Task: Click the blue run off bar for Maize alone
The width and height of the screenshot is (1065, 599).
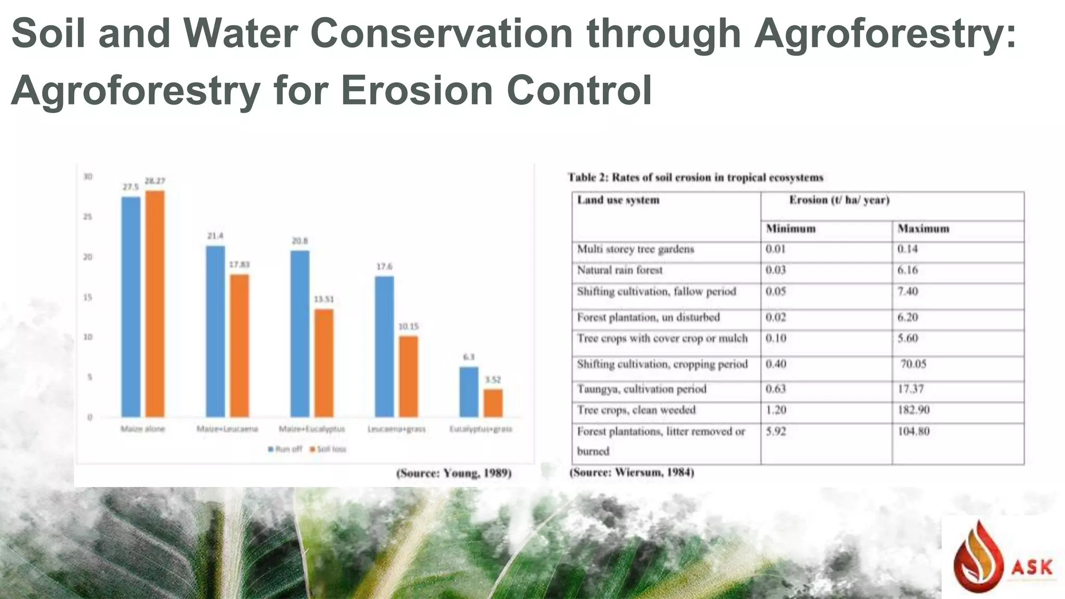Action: click(x=131, y=307)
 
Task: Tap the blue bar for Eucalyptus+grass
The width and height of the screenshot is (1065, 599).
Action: click(x=469, y=392)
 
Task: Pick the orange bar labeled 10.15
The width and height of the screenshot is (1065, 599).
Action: click(x=408, y=376)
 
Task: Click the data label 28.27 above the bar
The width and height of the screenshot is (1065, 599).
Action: click(x=154, y=181)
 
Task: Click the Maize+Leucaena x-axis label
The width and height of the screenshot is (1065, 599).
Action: click(x=227, y=429)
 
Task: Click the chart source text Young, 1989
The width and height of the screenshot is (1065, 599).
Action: click(x=454, y=473)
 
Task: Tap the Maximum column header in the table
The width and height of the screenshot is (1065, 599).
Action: click(x=923, y=229)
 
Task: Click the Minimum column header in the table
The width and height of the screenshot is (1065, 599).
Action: click(x=790, y=229)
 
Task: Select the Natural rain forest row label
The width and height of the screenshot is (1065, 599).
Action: click(x=620, y=270)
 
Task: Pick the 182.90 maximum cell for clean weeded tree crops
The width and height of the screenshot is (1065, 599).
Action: click(x=913, y=410)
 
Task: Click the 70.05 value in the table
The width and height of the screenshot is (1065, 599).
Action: click(x=913, y=364)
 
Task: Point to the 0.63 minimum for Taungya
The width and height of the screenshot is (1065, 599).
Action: click(x=775, y=389)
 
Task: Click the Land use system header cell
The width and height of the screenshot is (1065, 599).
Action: click(x=618, y=200)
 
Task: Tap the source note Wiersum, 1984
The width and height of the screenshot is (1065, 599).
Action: click(x=632, y=473)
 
